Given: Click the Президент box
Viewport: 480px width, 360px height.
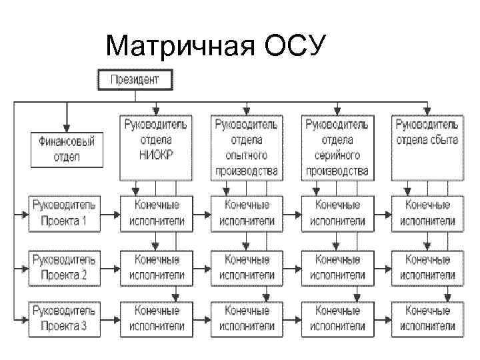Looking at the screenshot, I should point(135,80).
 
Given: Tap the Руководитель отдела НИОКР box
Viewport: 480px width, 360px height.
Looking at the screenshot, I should point(155,148).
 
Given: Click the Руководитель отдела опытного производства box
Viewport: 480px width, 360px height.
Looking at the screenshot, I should point(246,148).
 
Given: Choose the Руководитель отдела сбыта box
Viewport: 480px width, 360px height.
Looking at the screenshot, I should point(426,148).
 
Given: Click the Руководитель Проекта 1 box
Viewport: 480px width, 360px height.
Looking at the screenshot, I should point(65,213).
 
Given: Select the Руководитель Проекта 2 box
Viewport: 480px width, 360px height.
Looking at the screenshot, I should point(65,266).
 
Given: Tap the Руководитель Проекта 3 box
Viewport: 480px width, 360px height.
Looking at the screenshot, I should point(65,318).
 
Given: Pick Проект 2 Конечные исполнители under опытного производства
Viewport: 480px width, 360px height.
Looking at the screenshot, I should point(247,266).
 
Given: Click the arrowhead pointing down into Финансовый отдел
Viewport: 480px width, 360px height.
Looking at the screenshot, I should point(66,129).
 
